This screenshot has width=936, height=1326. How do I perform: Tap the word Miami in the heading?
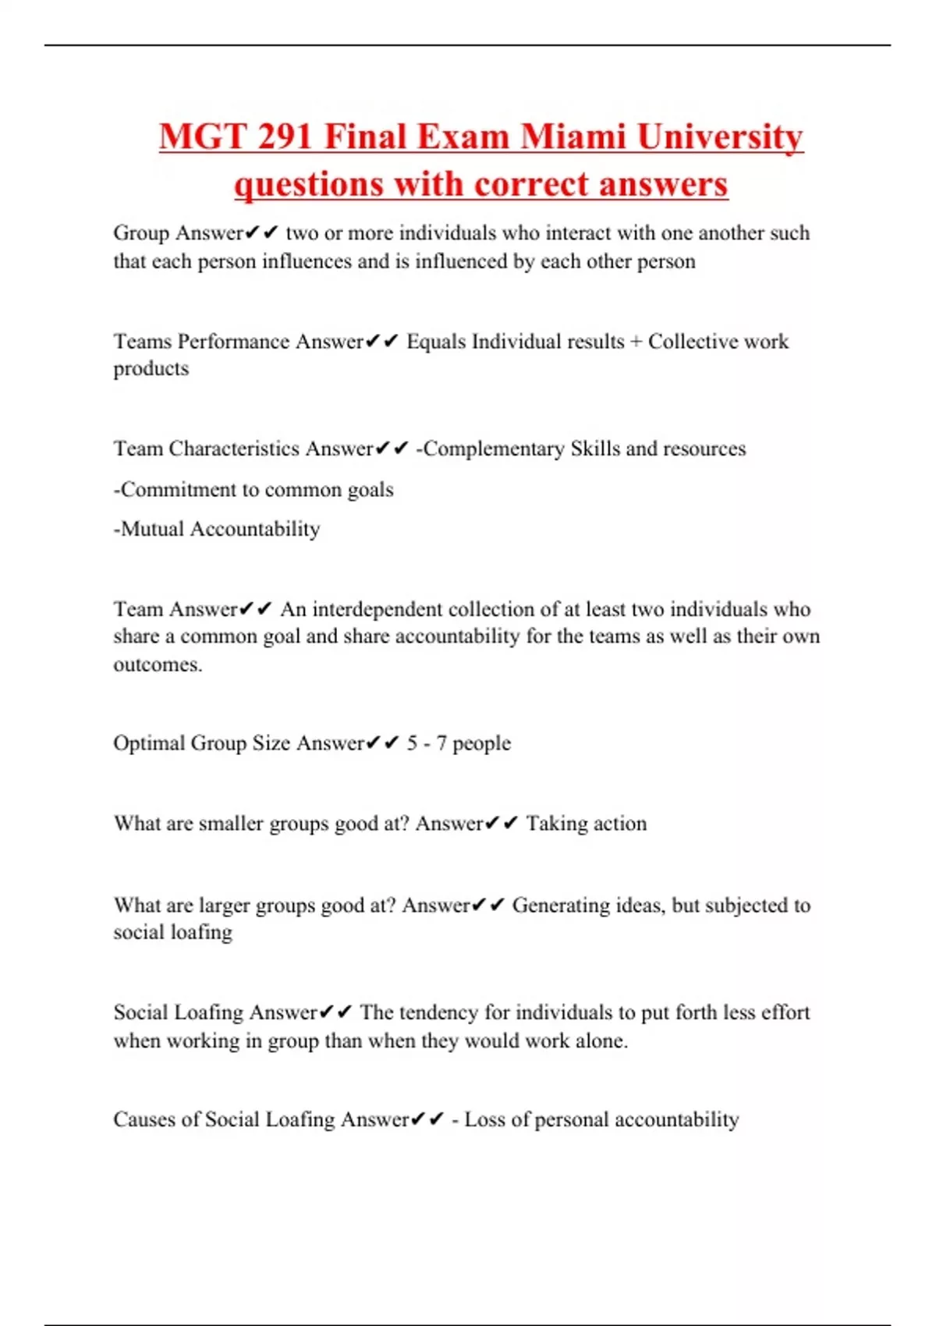click(x=573, y=137)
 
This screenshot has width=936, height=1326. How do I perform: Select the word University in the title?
click(x=720, y=137)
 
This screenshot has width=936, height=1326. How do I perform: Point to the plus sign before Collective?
click(x=636, y=342)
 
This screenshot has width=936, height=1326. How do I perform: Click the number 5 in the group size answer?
click(x=412, y=743)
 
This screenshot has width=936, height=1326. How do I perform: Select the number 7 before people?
click(x=441, y=743)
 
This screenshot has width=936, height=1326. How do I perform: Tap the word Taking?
click(x=555, y=824)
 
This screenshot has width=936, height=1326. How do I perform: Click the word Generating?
click(x=560, y=905)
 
